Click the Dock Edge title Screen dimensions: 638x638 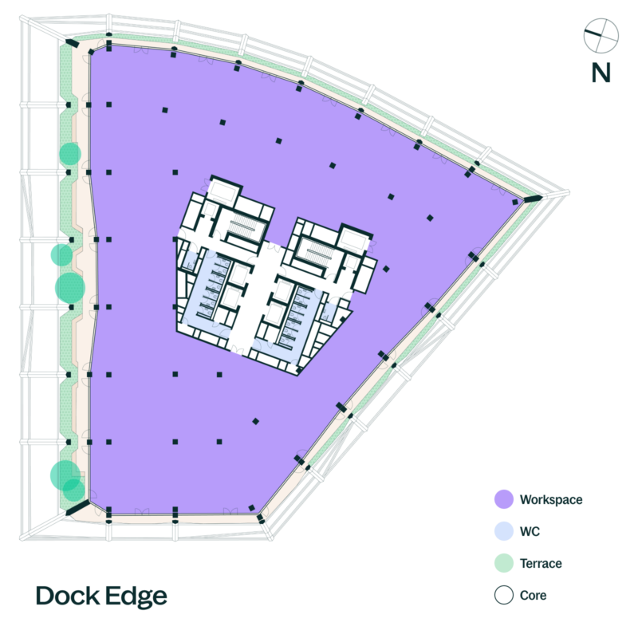(x=101, y=596)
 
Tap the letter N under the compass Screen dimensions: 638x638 (x=601, y=73)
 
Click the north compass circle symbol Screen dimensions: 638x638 (x=601, y=35)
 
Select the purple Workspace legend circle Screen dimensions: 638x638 (x=504, y=499)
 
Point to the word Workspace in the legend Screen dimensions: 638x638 (x=551, y=500)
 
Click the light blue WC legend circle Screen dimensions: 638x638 (x=504, y=531)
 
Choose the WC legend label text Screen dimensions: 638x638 (x=530, y=531)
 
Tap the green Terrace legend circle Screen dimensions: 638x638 (x=504, y=563)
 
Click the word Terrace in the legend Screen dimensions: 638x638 (x=541, y=564)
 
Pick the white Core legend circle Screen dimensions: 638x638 (x=504, y=595)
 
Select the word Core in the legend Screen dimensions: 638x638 (x=533, y=595)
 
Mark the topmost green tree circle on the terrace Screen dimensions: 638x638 (x=70, y=154)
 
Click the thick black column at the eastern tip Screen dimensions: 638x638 (x=533, y=199)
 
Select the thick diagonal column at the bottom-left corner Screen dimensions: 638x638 (x=77, y=508)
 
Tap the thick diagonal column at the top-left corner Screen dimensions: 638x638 (x=73, y=44)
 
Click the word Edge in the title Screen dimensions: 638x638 (x=136, y=597)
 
